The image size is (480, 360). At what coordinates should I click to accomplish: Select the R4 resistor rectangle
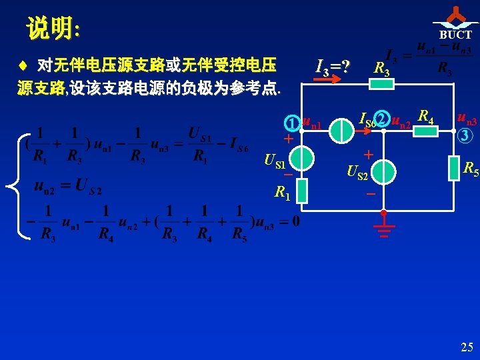425,131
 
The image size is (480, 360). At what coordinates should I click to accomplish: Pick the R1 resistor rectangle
302,191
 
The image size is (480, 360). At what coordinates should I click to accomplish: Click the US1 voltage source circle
302,158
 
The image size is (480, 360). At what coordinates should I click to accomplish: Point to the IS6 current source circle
343,131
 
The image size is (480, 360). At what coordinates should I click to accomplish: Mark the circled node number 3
466,136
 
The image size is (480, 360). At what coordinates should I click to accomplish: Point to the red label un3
467,120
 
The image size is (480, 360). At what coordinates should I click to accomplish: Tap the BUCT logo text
455,35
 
